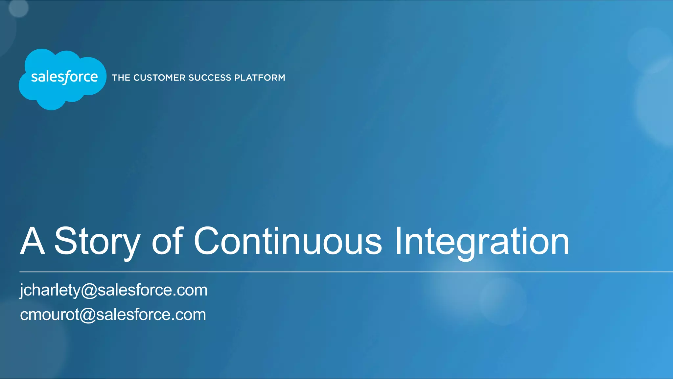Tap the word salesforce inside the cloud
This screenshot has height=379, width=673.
(64, 77)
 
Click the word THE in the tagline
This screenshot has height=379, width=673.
(121, 78)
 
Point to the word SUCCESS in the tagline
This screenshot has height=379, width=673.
(210, 78)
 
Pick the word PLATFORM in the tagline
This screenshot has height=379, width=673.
(260, 78)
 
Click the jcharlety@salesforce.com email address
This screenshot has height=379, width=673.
(114, 290)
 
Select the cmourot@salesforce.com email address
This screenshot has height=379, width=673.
(113, 315)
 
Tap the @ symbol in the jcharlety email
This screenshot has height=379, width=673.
(89, 291)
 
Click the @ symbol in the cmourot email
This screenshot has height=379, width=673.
(87, 315)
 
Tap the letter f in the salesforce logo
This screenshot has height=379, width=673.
(67, 78)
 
